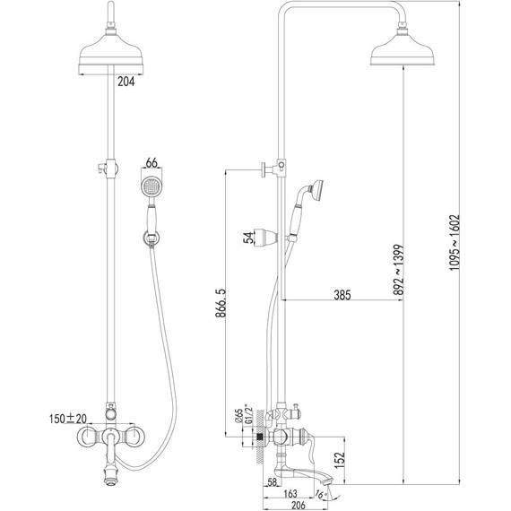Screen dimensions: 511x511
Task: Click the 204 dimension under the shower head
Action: coord(126,82)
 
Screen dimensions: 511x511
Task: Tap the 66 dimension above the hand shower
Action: coord(152,162)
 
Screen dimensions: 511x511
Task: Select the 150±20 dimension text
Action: coord(68,419)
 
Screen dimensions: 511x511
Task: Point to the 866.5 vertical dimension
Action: coord(221,303)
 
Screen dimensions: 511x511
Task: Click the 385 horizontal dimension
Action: coord(342,295)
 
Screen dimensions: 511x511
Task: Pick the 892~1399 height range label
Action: coord(398,270)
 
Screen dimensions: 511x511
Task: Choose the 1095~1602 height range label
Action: coord(454,242)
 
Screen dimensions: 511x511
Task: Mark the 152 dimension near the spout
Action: coord(339,460)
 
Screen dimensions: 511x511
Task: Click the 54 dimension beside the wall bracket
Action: coord(248,238)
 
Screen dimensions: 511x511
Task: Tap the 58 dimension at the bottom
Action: coord(273,481)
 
